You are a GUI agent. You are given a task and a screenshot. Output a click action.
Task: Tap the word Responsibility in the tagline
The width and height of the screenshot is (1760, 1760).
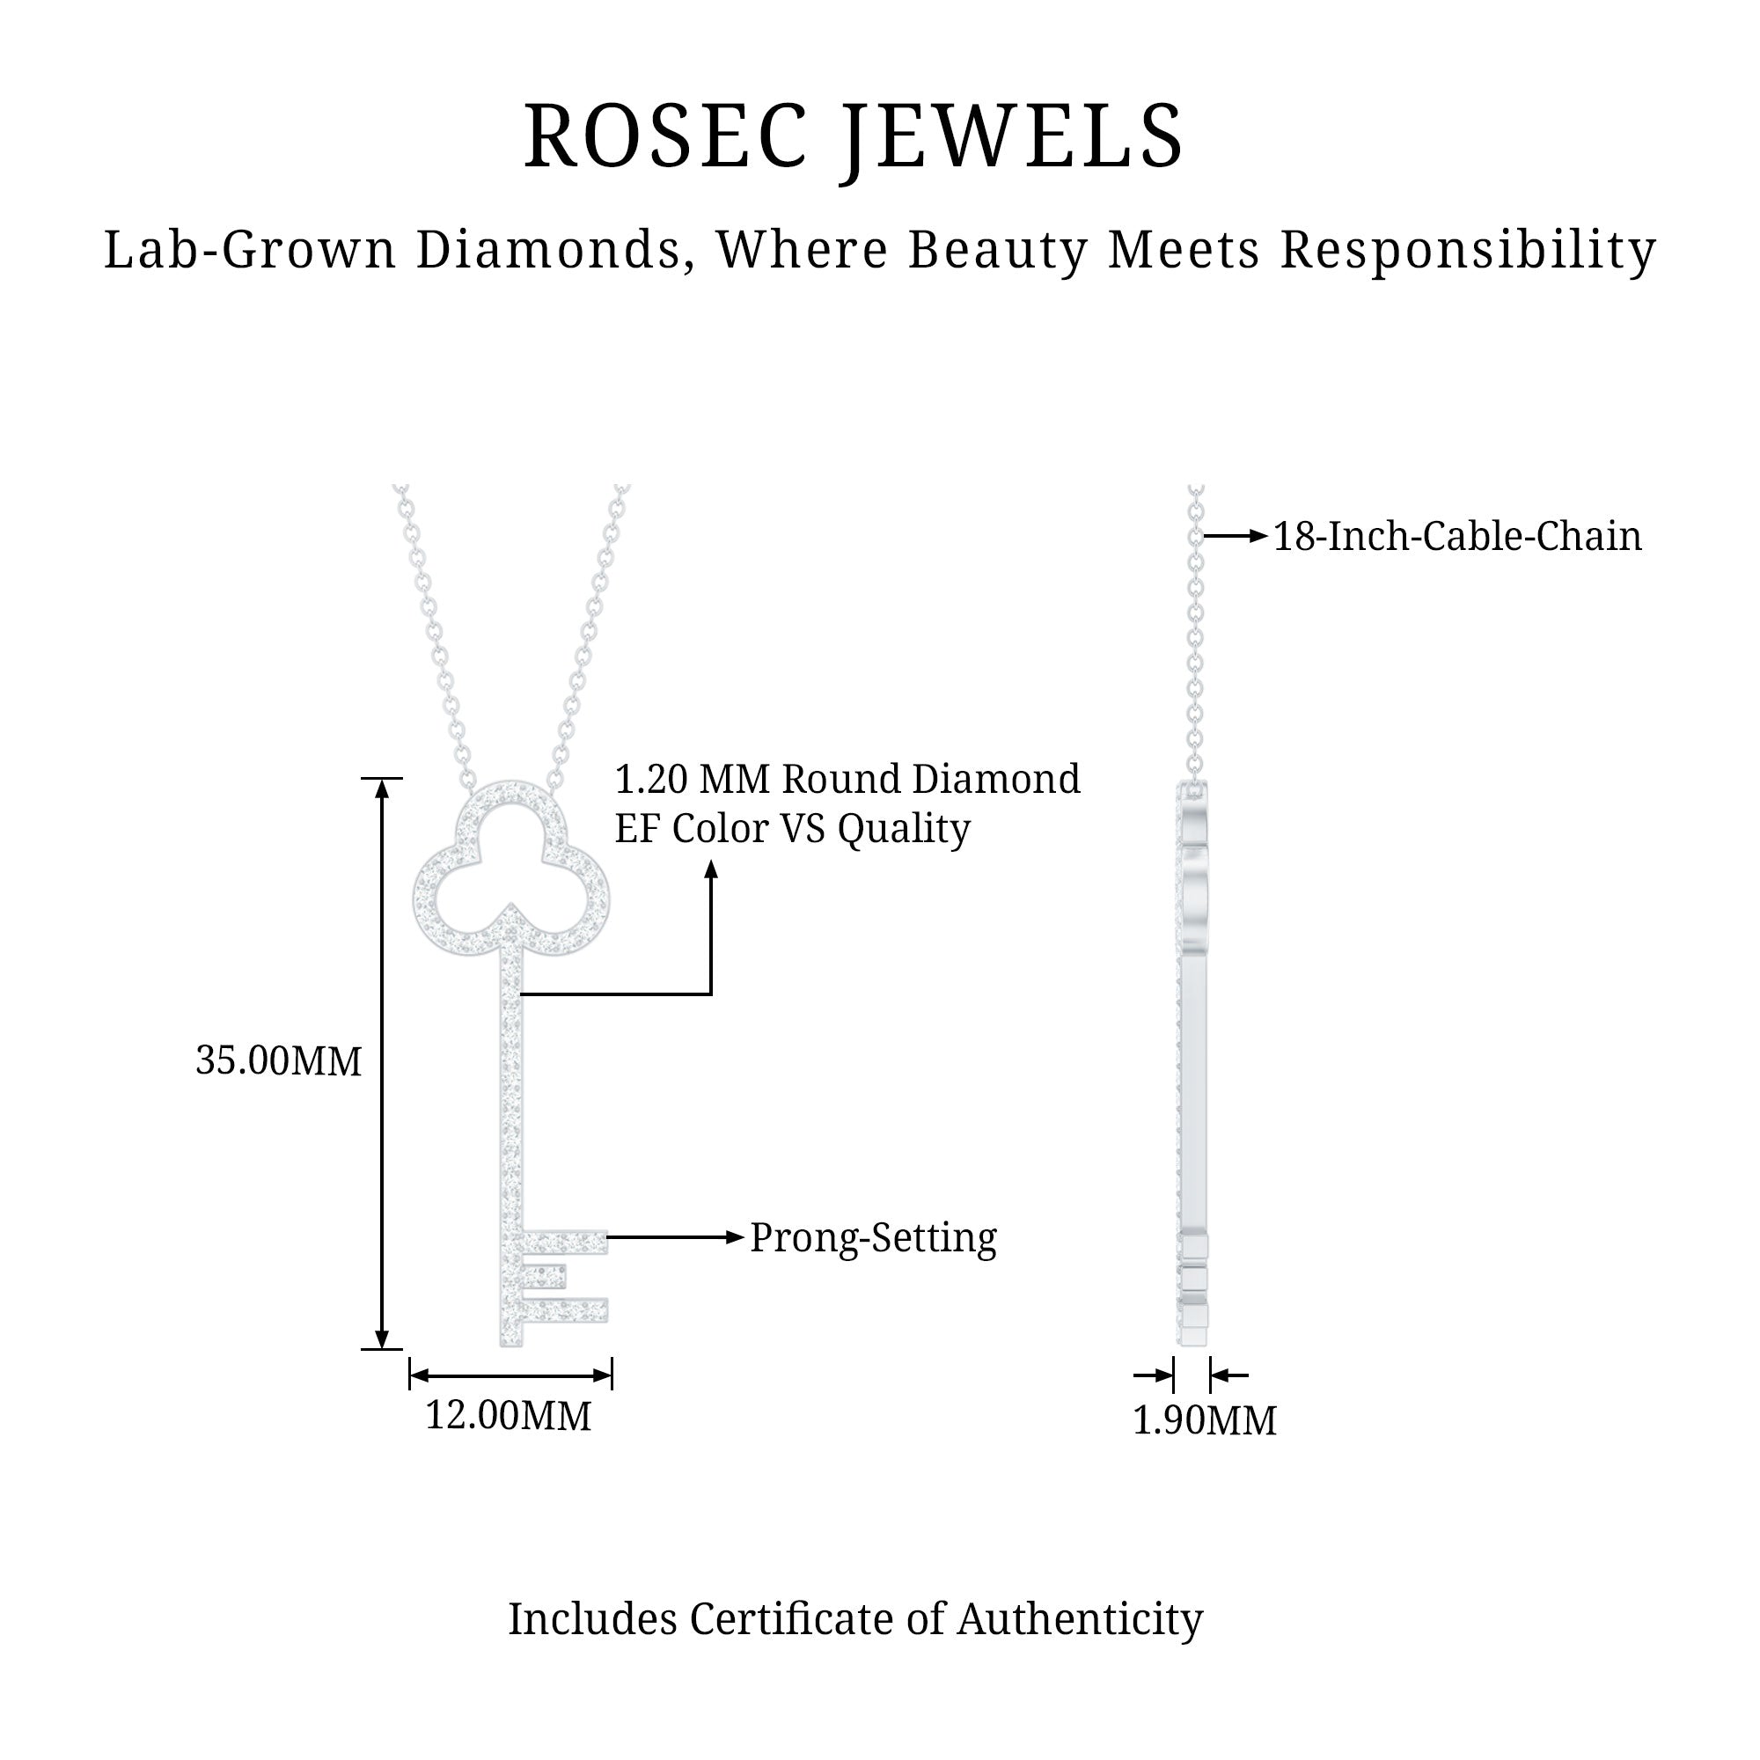1468,251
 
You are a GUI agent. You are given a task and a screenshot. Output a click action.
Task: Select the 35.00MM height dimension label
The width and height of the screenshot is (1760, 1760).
279,1061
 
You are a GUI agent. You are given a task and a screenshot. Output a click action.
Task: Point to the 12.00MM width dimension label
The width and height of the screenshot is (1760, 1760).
509,1416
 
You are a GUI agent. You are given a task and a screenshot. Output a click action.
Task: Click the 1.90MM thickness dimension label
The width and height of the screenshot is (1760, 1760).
1205,1420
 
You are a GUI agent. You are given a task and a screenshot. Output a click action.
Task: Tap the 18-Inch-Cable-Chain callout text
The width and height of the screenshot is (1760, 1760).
1456,537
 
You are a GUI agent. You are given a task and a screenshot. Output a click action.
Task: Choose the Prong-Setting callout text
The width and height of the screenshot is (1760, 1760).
874,1238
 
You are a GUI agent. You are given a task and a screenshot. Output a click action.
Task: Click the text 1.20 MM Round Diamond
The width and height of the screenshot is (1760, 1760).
847,780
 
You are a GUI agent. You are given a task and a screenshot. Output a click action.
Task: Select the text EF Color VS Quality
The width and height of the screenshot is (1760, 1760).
793,829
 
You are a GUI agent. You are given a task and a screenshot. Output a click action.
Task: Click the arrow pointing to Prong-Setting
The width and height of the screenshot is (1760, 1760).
675,1237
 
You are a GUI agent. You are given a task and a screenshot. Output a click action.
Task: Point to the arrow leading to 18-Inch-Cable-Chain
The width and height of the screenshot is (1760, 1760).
1236,537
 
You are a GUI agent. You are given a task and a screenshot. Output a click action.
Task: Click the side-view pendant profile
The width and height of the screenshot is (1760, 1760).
1193,1066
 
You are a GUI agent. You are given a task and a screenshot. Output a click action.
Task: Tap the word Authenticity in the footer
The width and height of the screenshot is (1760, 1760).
1080,1619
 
